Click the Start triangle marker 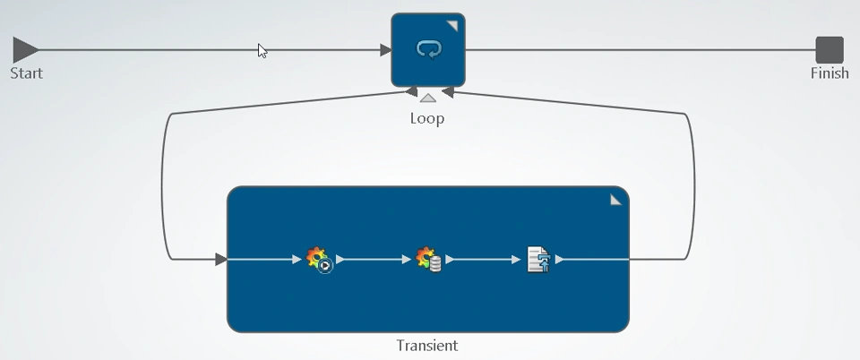[x=25, y=50]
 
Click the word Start [x=26, y=73]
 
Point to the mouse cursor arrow [x=262, y=50]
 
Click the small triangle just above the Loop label [x=428, y=98]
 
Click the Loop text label [x=427, y=118]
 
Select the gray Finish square [x=830, y=50]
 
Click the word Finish [x=830, y=73]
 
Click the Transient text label [x=427, y=346]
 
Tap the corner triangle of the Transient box [x=615, y=200]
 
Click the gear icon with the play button [x=320, y=260]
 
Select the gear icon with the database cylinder [x=429, y=260]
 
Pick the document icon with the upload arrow [x=538, y=260]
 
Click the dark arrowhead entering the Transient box [x=221, y=260]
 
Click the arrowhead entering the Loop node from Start [x=385, y=50]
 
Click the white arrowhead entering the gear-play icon [x=297, y=260]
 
